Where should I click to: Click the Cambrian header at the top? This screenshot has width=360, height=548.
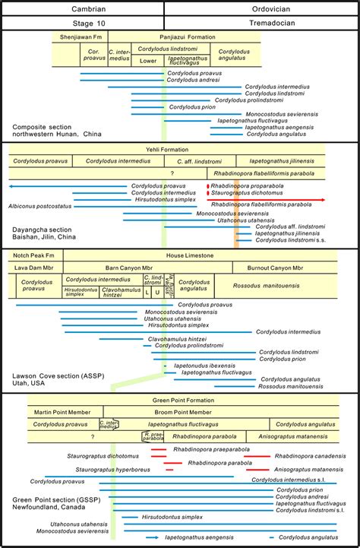[82, 7]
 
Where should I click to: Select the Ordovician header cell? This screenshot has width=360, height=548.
[261, 7]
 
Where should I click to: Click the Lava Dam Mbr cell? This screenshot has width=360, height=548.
[33, 268]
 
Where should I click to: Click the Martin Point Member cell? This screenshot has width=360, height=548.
[62, 412]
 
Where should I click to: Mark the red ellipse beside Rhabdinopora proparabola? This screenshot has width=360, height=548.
[207, 185]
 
